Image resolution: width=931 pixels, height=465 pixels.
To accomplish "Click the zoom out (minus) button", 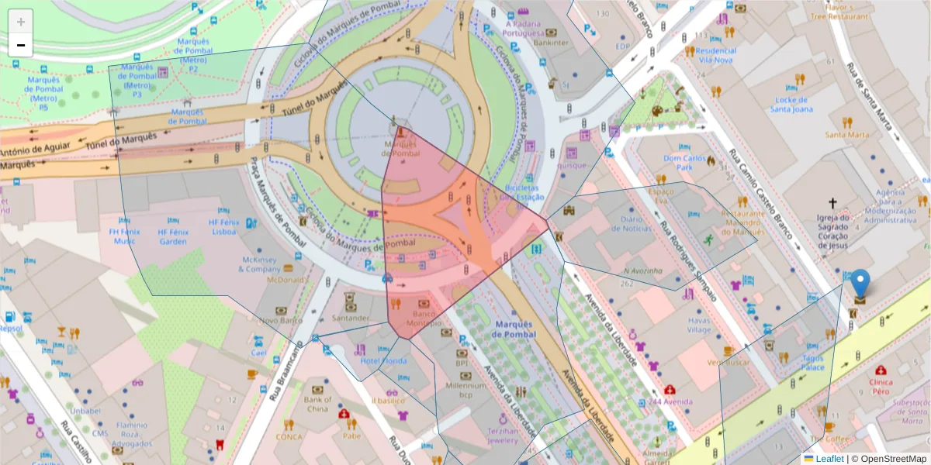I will click(x=21, y=46).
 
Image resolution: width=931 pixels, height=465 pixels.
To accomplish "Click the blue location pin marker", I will click(x=860, y=284).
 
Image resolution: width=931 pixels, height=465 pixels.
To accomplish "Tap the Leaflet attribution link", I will click(x=829, y=459).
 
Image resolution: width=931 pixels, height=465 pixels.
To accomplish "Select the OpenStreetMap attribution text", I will click(x=889, y=459).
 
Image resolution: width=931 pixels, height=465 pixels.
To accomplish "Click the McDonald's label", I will click(x=285, y=280).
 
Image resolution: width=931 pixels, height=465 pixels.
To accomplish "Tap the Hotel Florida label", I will click(x=383, y=361).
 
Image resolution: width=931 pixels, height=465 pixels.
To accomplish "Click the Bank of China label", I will click(x=317, y=405).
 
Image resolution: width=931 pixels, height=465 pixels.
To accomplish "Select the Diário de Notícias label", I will click(x=638, y=223).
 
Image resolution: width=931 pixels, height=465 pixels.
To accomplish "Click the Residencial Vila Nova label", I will click(x=716, y=55).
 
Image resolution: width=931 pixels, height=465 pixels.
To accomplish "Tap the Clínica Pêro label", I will click(x=881, y=387).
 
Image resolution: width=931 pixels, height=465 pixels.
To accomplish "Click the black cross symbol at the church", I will click(x=832, y=204).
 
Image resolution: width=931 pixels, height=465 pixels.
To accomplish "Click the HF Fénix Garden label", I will click(x=173, y=236).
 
